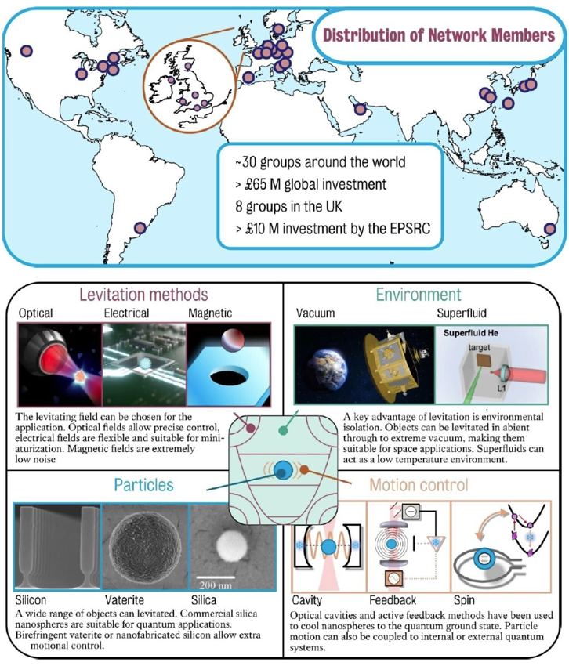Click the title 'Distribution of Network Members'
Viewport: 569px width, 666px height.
pos(439,34)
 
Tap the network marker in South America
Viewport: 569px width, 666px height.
pos(140,228)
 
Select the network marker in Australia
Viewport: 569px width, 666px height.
pos(550,229)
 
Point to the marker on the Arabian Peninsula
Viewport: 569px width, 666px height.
pos(360,109)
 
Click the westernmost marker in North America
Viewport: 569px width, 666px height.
pos(27,51)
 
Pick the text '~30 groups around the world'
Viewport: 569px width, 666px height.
pos(321,162)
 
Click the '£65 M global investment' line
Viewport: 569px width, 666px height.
pos(311,184)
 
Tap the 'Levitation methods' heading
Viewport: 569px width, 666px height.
pos(143,295)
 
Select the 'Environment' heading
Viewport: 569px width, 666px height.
pos(419,295)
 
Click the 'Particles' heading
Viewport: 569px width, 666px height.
pos(143,485)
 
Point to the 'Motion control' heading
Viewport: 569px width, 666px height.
pos(419,485)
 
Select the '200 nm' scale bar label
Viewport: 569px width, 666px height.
pos(216,585)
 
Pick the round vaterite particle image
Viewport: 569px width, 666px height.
pos(145,547)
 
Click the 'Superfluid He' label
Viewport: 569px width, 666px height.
pos(471,333)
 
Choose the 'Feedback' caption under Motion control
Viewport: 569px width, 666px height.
pos(393,600)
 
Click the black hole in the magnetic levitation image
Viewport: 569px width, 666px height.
pos(230,377)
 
